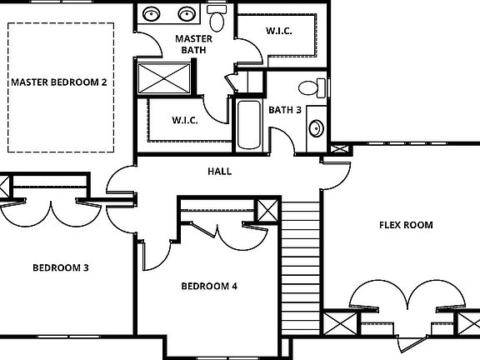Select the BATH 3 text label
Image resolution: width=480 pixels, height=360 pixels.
coord(284,109)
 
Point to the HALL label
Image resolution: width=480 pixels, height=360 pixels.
coord(219,172)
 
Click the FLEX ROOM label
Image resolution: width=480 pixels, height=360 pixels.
coord(406,225)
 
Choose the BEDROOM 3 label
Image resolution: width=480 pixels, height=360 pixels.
coord(61,268)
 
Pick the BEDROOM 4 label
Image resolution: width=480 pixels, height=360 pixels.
coord(209,287)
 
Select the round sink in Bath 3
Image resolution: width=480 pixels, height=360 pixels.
coord(317,128)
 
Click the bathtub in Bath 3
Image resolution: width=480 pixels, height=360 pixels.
coord(249,125)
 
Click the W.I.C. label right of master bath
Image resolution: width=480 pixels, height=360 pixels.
coord(278,32)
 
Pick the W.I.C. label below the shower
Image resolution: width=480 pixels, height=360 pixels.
coord(184,120)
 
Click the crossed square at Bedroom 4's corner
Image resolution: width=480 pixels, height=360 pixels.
coord(267,211)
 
